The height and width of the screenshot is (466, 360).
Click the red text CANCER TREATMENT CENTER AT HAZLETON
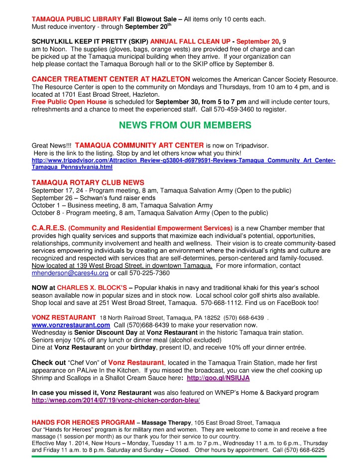(111, 79)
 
